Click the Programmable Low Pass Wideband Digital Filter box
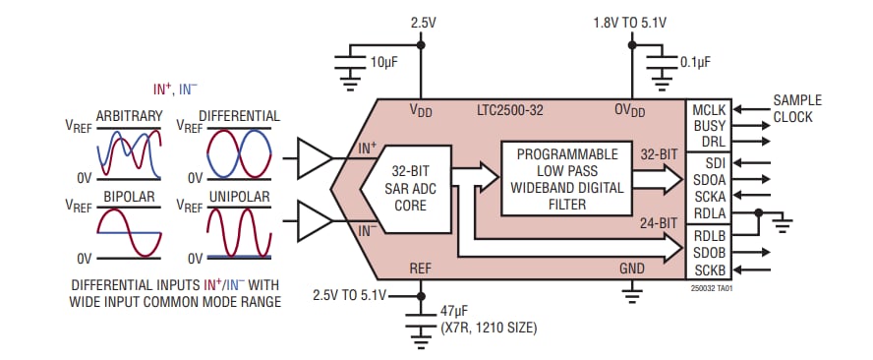(x=566, y=179)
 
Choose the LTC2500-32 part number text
(x=517, y=110)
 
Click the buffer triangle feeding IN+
(x=316, y=154)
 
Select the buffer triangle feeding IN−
(x=316, y=219)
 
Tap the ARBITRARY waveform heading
(x=129, y=115)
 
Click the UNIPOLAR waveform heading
(x=241, y=198)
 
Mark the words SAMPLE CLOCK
(x=797, y=108)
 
